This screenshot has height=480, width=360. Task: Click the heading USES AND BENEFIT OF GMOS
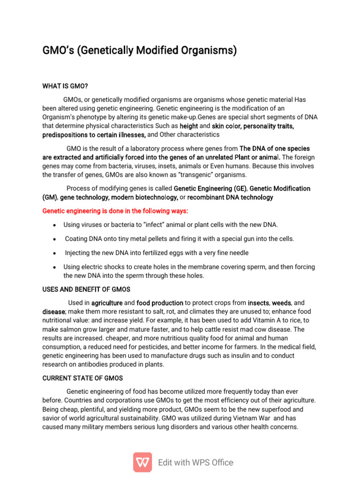click(86, 289)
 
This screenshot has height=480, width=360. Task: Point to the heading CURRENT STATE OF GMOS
click(82, 378)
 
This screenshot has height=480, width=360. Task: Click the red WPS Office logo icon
click(142, 462)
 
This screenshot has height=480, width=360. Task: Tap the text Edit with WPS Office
click(195, 463)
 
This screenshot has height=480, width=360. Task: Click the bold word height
click(188, 126)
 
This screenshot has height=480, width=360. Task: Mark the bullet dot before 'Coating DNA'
click(55, 239)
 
